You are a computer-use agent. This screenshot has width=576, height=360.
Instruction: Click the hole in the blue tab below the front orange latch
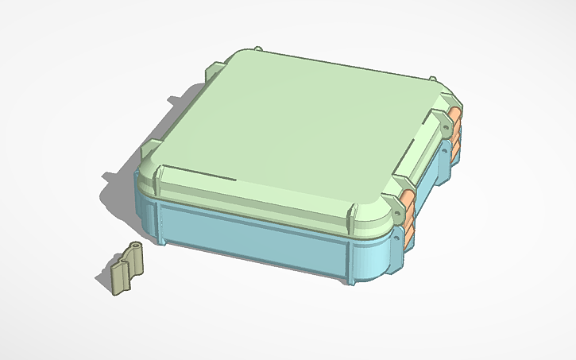(396, 236)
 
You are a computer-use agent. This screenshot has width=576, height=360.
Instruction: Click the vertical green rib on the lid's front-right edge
(350, 215)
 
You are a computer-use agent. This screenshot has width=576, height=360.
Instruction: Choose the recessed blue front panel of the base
(254, 238)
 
